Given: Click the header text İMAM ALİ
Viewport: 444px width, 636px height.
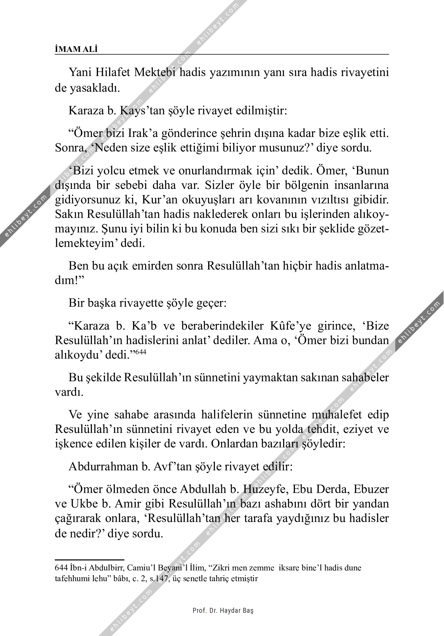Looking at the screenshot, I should point(76,50).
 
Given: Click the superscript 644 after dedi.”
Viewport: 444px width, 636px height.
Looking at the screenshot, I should point(140,352).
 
